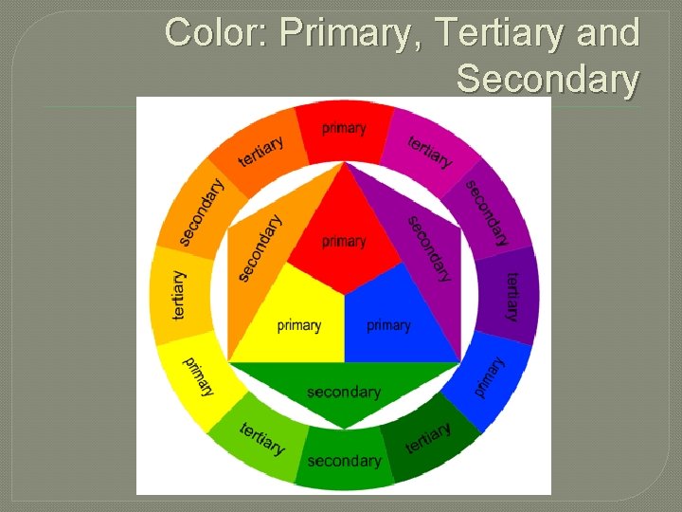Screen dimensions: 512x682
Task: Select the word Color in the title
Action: (216, 33)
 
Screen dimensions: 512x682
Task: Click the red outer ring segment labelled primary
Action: (344, 128)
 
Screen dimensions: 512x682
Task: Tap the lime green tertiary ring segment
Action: (260, 439)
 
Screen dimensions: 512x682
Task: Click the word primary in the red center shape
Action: (344, 242)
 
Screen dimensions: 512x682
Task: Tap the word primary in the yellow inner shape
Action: (298, 326)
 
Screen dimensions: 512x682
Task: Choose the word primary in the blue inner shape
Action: (388, 326)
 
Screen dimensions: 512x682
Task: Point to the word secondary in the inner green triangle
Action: (344, 392)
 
